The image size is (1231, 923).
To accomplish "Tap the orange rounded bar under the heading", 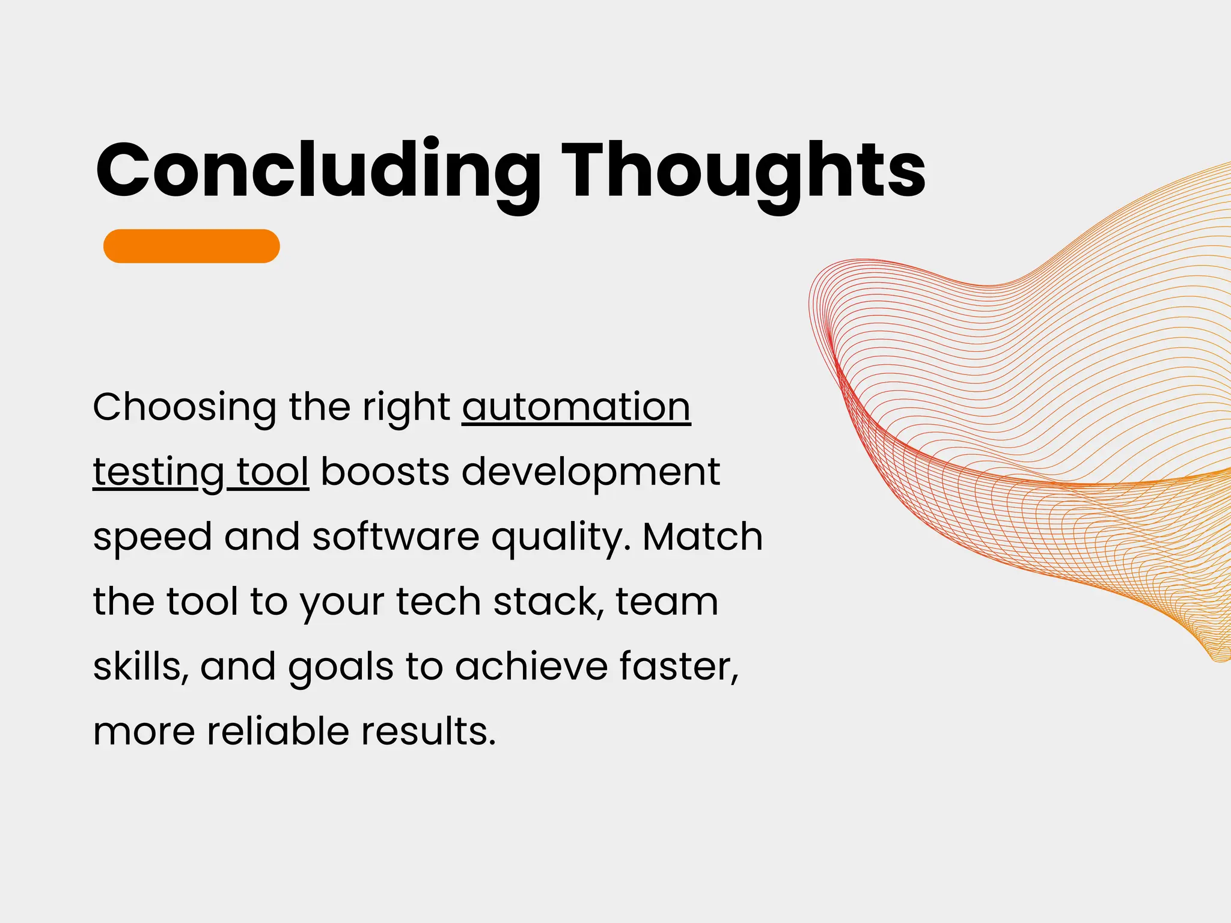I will pos(191,246).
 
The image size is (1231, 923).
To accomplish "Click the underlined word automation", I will pos(576,408).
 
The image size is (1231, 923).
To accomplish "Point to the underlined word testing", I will pos(158,473).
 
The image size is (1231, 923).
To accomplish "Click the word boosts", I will pos(385,472).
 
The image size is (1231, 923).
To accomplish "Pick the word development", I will pos(590,473).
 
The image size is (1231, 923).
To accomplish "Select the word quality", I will pos(560,538).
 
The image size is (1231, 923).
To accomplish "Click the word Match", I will pos(702,537).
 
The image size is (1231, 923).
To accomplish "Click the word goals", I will pos(340,668).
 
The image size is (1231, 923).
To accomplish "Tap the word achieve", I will pos(531,666).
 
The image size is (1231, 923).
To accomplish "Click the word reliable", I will pos(278,731).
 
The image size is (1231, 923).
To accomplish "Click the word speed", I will pos(152,538).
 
